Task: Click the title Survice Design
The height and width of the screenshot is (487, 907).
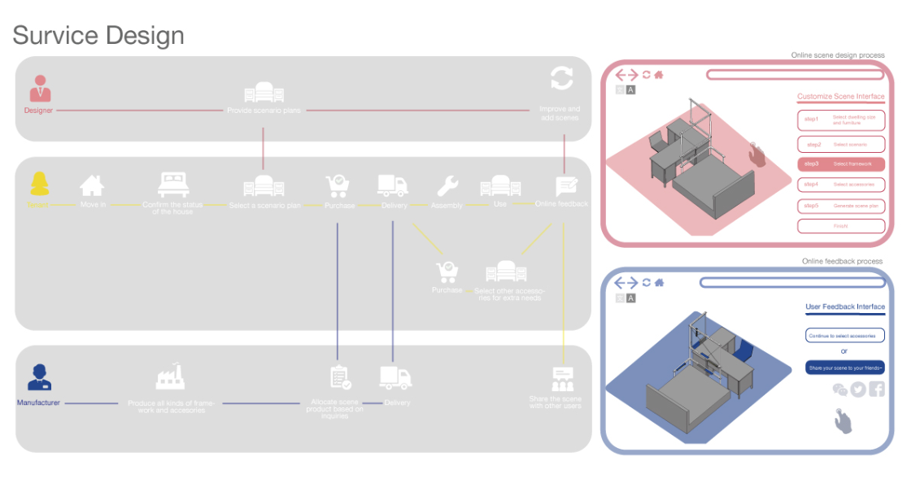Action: point(98,36)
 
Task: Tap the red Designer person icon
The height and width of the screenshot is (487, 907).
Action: point(39,89)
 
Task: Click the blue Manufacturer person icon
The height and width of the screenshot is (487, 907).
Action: point(38,378)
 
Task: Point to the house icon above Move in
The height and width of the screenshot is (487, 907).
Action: point(92,185)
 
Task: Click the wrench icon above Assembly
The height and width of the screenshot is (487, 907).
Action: point(447,186)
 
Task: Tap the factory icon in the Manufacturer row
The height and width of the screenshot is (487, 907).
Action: point(172,378)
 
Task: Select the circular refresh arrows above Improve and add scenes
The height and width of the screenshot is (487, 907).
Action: point(560,79)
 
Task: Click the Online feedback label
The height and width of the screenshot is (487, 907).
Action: point(561,204)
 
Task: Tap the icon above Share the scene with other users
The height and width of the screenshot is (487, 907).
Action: point(562,379)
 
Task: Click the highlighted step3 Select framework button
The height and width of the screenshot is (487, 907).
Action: point(841,164)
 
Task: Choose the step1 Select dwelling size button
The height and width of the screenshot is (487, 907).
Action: point(841,120)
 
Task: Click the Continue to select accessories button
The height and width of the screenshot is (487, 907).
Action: point(844,336)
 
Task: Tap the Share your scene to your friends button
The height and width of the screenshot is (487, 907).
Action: point(844,367)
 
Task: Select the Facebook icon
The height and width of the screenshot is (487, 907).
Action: point(876,389)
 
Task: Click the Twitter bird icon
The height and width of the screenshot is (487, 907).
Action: point(858,389)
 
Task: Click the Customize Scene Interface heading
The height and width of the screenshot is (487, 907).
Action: point(840,97)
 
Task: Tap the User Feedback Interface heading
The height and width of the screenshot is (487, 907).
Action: point(844,307)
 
